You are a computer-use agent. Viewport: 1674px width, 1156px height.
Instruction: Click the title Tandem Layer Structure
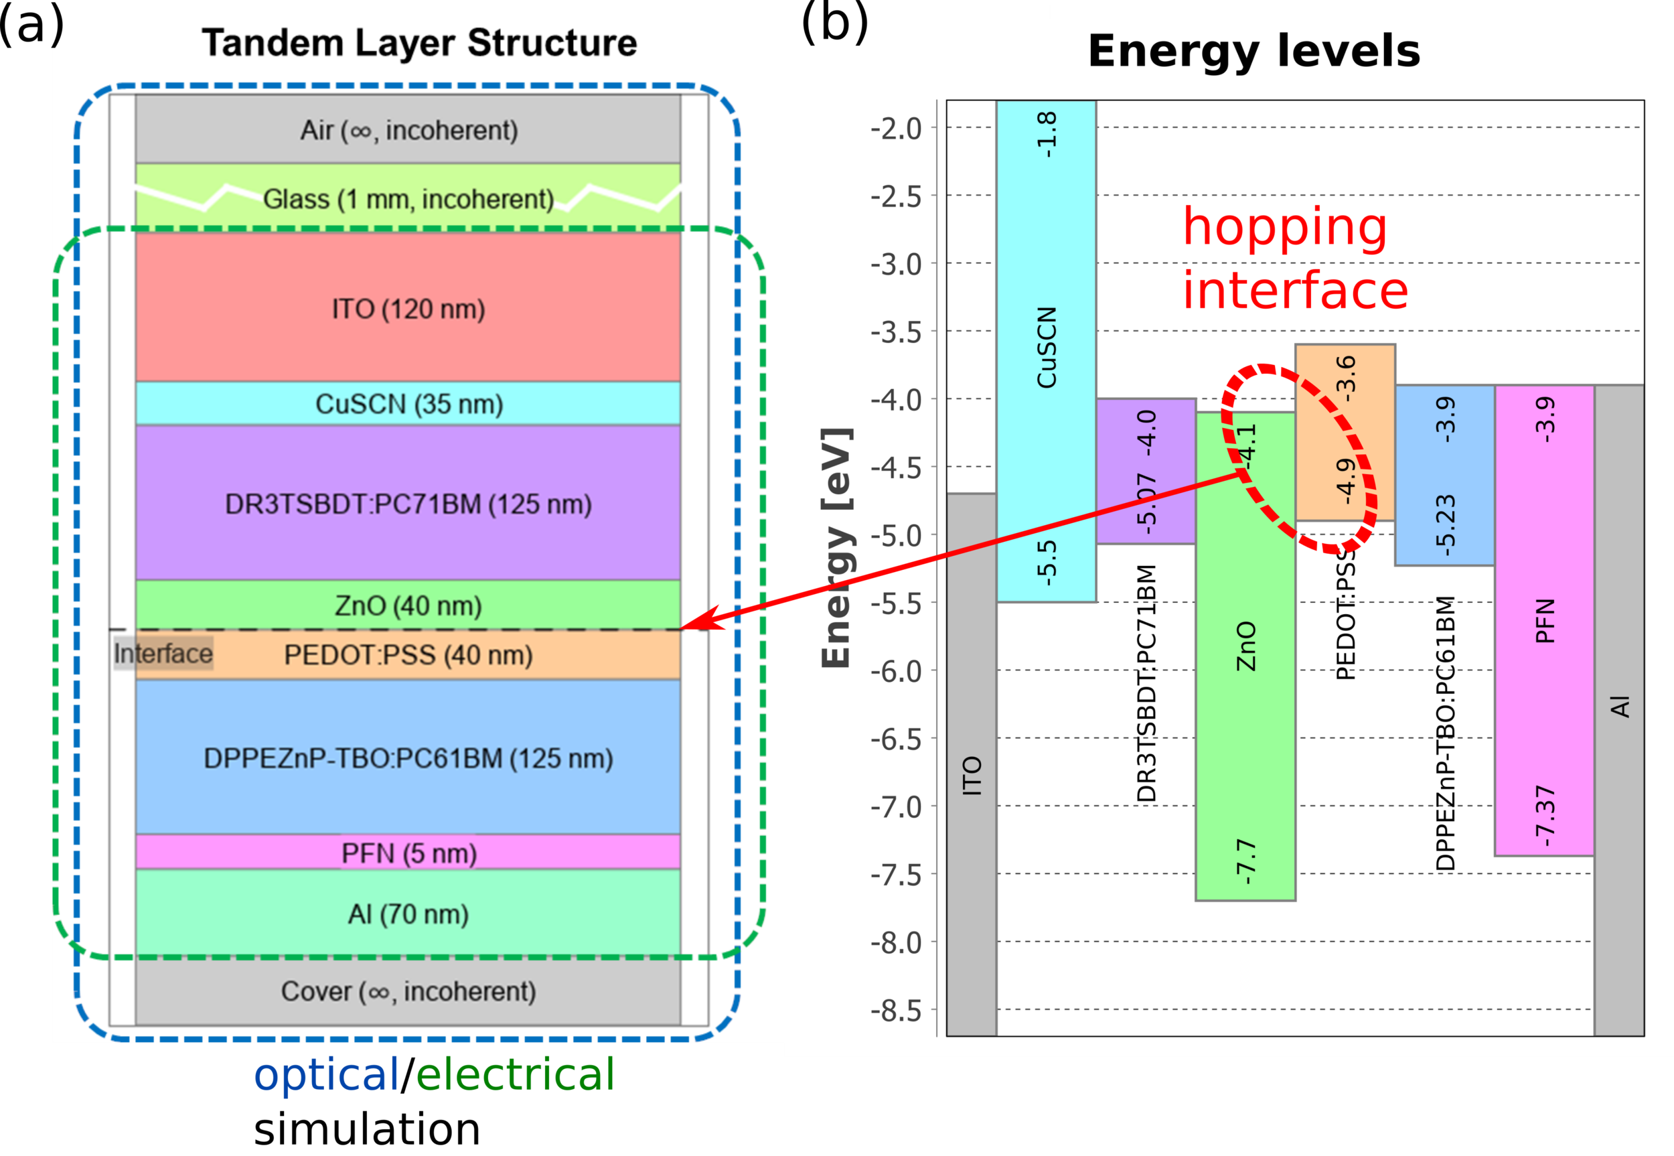(x=419, y=43)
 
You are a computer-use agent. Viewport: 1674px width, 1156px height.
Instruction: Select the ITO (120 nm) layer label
(x=408, y=309)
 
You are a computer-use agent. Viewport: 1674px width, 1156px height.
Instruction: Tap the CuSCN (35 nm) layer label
(x=409, y=404)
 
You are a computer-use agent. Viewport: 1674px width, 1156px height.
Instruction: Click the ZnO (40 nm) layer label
(x=408, y=605)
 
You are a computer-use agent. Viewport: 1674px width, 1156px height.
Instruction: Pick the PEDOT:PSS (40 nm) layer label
(x=408, y=655)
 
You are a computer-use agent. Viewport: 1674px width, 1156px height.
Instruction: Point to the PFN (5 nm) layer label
(x=409, y=853)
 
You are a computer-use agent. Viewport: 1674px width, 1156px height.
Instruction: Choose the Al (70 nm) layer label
(x=408, y=914)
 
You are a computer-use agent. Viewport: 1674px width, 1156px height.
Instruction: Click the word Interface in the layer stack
(x=163, y=653)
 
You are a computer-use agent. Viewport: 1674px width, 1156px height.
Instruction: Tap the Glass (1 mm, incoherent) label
(x=408, y=198)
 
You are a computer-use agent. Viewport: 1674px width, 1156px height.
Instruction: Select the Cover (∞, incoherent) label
(x=408, y=991)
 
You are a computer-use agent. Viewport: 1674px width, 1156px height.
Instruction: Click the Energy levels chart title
(x=1254, y=51)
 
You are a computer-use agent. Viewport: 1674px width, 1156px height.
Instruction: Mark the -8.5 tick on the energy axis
(x=896, y=1011)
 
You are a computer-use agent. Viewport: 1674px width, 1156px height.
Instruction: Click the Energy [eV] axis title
(x=836, y=549)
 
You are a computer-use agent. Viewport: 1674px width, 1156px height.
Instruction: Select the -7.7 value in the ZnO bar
(x=1245, y=862)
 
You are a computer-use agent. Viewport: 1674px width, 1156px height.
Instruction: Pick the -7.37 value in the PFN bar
(x=1544, y=816)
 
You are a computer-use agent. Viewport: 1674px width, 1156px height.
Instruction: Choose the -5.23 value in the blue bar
(x=1444, y=525)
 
